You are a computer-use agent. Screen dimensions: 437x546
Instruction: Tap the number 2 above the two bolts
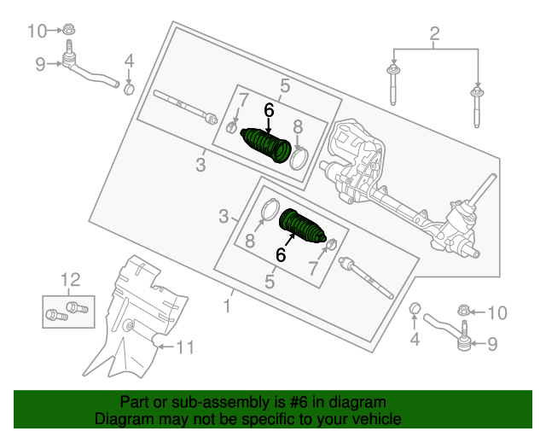(x=434, y=35)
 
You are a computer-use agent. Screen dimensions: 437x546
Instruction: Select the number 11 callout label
(x=185, y=347)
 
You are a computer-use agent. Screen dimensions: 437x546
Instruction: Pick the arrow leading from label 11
(x=166, y=346)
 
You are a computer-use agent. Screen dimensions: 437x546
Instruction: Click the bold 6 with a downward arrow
(x=269, y=110)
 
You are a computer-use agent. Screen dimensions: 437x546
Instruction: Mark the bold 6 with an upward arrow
(x=280, y=253)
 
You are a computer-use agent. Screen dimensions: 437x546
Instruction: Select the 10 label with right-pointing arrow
(x=35, y=32)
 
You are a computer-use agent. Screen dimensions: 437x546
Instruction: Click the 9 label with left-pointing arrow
(x=491, y=345)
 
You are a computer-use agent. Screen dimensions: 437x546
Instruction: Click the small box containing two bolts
(x=67, y=309)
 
